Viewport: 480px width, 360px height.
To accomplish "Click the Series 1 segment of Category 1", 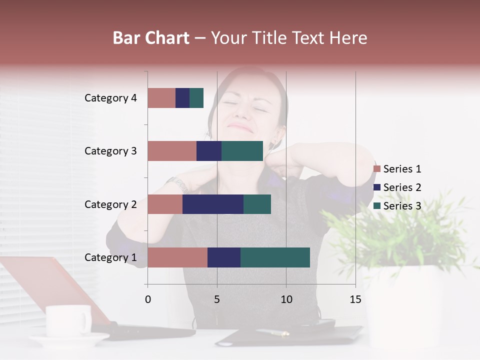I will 177,257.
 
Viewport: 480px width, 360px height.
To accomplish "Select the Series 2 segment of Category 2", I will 213,204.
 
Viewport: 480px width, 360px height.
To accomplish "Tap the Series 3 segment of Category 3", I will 242,151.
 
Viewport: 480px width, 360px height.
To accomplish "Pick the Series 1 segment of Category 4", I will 161,98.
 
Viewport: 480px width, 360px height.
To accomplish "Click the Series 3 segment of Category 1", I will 275,257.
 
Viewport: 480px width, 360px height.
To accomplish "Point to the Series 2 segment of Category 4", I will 182,98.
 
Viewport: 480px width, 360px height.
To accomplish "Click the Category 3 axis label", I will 110,151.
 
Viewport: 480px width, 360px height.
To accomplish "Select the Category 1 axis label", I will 110,257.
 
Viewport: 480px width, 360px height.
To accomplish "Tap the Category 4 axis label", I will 110,98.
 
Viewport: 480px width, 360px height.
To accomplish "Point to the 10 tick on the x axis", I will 286,299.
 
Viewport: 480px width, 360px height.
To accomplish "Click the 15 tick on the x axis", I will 355,299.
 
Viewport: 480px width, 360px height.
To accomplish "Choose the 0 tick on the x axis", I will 147,299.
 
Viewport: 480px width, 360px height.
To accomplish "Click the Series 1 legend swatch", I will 377,169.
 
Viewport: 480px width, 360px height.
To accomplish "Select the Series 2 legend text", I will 402,187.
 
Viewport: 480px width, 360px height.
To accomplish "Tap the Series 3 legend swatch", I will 377,206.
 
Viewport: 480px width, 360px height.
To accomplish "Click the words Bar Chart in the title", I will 151,38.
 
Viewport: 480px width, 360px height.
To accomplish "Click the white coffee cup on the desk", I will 68,320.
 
